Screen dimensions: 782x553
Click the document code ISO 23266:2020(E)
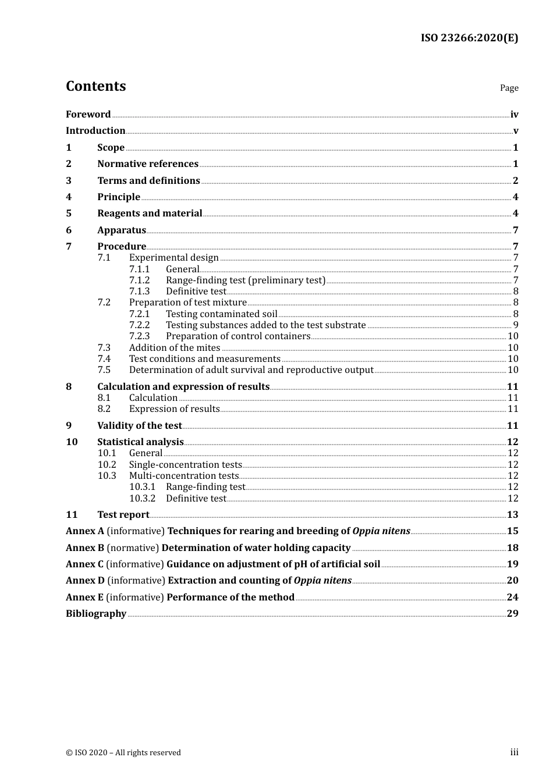coord(469,38)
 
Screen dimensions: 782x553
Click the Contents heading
coord(95,86)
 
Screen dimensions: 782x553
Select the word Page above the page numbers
coord(509,88)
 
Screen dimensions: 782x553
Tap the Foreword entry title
coord(88,115)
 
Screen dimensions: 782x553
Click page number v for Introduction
coord(515,131)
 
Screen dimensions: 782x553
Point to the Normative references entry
coord(148,164)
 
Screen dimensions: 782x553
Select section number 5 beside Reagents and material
coord(69,214)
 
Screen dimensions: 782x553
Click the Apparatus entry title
coord(122,230)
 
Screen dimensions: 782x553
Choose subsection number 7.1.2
coord(139,280)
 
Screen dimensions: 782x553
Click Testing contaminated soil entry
coord(221,314)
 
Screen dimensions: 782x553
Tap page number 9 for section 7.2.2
coord(515,325)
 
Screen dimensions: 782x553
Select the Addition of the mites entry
coord(175,348)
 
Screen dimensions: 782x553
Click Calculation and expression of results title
coord(183,387)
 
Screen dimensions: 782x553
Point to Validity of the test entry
coord(140,426)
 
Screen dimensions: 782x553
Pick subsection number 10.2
coord(107,465)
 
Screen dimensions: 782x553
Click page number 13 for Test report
coord(512,515)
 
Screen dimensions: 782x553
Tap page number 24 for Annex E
coord(512,598)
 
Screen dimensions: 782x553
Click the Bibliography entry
coord(96,614)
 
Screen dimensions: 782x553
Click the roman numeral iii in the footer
coord(514,752)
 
